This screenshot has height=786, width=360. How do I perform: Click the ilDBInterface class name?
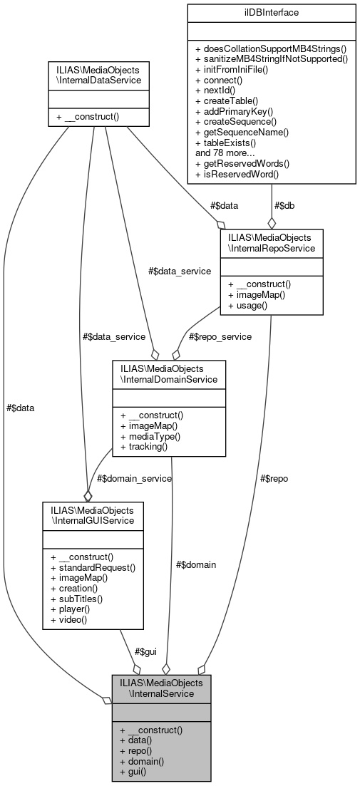(x=271, y=12)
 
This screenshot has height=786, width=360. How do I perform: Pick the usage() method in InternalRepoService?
(x=248, y=306)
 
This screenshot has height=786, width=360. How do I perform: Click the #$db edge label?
(x=283, y=205)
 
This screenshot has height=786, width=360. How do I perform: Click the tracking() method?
(x=145, y=446)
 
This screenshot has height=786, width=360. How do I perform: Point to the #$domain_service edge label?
(x=133, y=478)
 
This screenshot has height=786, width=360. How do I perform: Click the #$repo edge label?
(x=274, y=478)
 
